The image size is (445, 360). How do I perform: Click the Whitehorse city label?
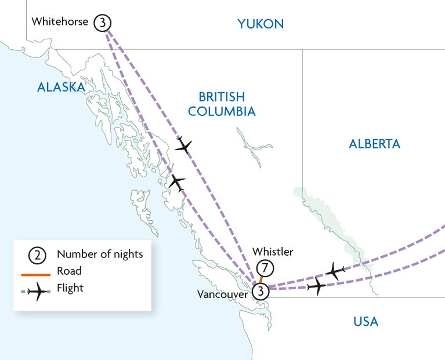pos(60,22)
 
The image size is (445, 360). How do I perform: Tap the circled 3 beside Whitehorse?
pos(103,23)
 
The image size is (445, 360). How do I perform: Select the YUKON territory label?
pos(261,24)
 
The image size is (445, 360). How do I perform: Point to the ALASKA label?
pos(61,87)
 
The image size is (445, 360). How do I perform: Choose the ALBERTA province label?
pos(374,144)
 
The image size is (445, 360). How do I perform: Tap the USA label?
pos(366,321)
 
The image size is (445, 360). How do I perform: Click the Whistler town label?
pos(273,252)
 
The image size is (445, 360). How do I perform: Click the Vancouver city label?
pos(222,294)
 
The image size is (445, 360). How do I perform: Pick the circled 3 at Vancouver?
pos(261,291)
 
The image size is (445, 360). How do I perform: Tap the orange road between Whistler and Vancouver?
pos(262,279)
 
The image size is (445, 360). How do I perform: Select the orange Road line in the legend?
pos(35,271)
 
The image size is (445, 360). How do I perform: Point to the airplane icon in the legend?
pos(35,292)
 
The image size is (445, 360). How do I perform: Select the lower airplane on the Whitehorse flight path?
pos(176,183)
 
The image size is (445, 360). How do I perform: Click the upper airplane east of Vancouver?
pos(335,270)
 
